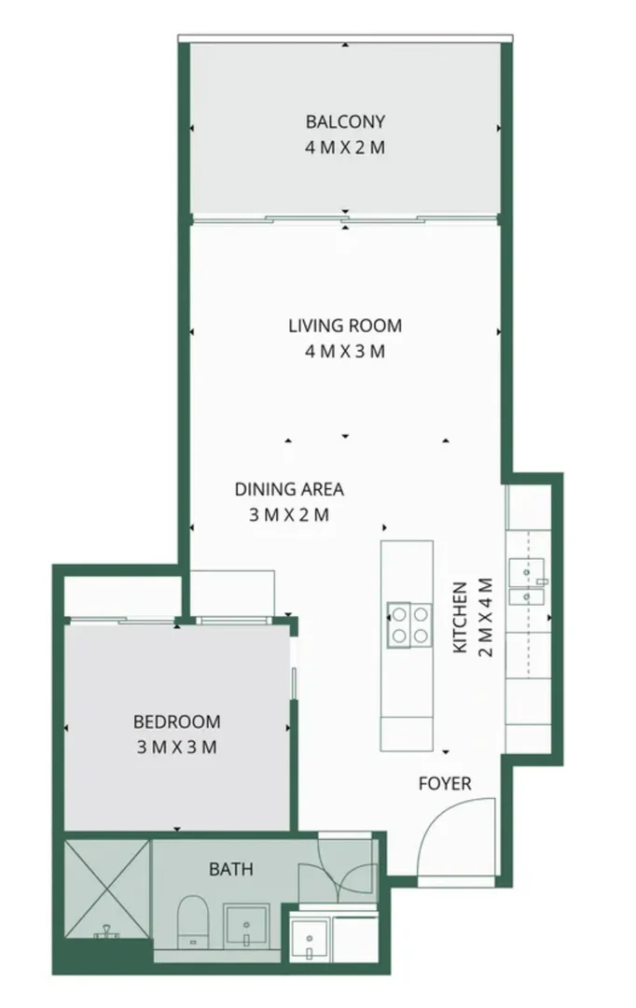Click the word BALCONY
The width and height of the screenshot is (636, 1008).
point(345,121)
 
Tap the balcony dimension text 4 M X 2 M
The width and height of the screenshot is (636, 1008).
point(345,147)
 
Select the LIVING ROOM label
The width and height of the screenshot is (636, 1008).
point(345,326)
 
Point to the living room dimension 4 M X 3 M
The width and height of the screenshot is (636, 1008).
point(345,352)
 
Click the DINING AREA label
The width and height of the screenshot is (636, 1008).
point(289,489)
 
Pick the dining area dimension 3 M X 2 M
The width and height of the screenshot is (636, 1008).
point(289,515)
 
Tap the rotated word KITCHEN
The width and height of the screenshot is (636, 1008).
point(460,618)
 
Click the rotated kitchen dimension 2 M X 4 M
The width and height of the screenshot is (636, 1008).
point(484,618)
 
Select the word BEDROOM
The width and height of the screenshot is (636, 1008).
point(177,721)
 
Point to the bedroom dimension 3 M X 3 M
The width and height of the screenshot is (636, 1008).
point(177,747)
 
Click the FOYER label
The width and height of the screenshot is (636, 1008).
point(445,783)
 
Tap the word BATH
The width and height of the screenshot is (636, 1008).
point(230,869)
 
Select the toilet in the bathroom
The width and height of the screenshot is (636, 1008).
point(194,919)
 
